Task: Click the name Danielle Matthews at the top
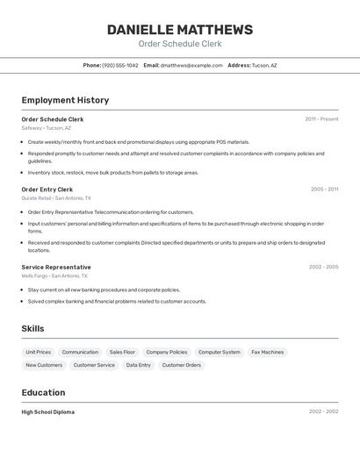[180, 29]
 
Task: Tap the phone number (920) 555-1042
[120, 65]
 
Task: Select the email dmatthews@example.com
[191, 65]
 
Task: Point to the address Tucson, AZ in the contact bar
[263, 65]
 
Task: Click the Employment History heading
[65, 100]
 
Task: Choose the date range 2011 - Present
[321, 119]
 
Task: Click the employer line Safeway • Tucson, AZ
[47, 128]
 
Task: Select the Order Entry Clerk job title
[47, 190]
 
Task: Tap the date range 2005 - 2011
[324, 190]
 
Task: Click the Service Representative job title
[56, 267]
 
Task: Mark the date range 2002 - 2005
[323, 267]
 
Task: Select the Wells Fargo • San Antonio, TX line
[54, 275]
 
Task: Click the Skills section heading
[33, 328]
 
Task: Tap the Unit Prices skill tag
[39, 352]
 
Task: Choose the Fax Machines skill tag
[268, 352]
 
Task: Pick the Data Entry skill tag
[138, 365]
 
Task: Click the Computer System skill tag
[220, 352]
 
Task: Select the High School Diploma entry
[48, 411]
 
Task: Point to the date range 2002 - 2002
[323, 411]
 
